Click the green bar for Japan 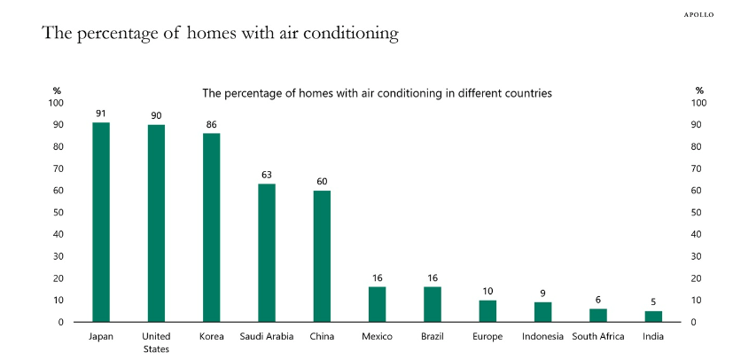(101, 222)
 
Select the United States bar (156, 223)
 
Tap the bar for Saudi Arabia (267, 253)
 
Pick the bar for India (653, 316)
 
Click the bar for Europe (487, 310)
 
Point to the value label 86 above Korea (211, 126)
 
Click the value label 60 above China (322, 182)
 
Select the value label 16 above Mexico (377, 278)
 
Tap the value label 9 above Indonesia (542, 293)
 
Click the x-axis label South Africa (598, 336)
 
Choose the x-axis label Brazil (432, 336)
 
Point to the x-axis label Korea (211, 336)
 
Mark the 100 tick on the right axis (698, 103)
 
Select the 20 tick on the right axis (696, 278)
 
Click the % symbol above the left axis (57, 90)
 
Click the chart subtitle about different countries (378, 92)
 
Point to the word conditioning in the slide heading (348, 35)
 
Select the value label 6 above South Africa (598, 300)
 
